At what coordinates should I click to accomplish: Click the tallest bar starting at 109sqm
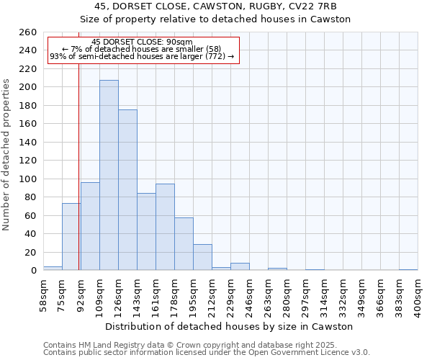point(109,175)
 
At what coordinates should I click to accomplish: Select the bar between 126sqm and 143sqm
point(127,190)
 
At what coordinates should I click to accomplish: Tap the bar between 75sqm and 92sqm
point(71,236)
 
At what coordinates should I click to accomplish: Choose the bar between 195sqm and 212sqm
point(202,257)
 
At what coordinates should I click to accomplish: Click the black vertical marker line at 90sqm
point(78,144)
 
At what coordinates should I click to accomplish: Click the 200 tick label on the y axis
point(28,87)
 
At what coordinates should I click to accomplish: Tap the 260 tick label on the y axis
point(28,32)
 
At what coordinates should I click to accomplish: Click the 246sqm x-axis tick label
point(249,295)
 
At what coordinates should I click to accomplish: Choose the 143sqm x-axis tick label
point(137,295)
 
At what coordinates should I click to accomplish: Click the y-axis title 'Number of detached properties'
point(6,165)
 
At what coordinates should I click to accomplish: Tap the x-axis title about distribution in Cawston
point(229,326)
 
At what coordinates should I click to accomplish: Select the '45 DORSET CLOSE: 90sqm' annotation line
point(143,42)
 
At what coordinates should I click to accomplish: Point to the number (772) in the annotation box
point(215,56)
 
